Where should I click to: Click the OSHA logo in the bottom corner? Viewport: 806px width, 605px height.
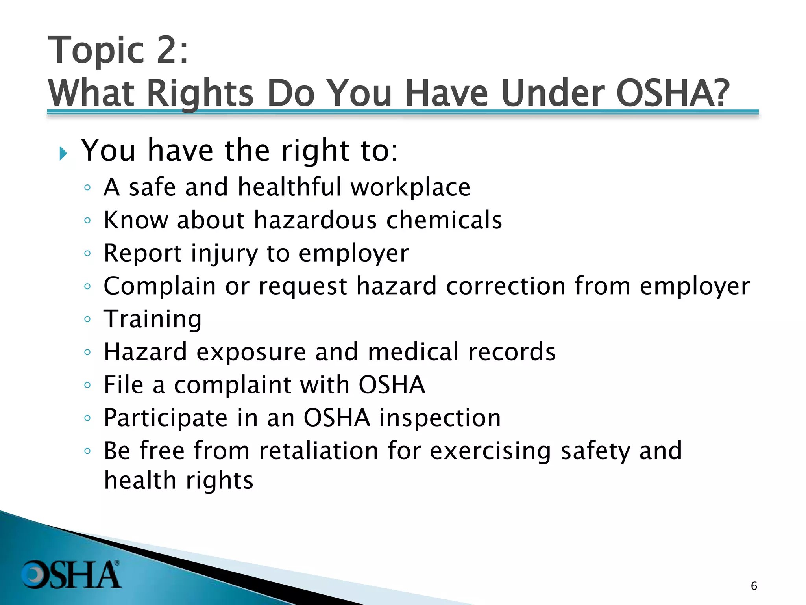pyautogui.click(x=71, y=574)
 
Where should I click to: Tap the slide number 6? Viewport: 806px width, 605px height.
pyautogui.click(x=754, y=586)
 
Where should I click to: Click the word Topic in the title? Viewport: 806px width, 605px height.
pyautogui.click(x=96, y=50)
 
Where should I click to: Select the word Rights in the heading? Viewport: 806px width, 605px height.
pyautogui.click(x=200, y=94)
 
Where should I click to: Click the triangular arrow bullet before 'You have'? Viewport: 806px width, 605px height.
pyautogui.click(x=63, y=153)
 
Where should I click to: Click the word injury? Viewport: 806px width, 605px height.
pyautogui.click(x=224, y=253)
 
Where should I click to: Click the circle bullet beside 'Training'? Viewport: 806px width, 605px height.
pyautogui.click(x=87, y=319)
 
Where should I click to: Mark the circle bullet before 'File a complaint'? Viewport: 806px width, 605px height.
pyautogui.click(x=87, y=385)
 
